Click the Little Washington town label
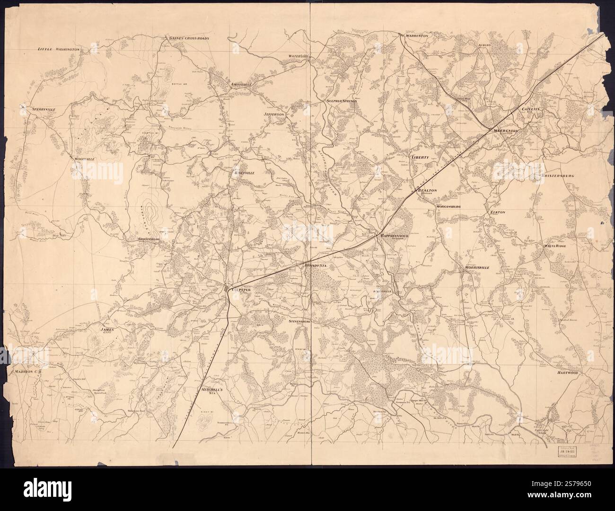(59, 49)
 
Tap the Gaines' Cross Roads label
(190, 37)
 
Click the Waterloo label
(299, 56)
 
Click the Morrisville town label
(479, 268)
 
